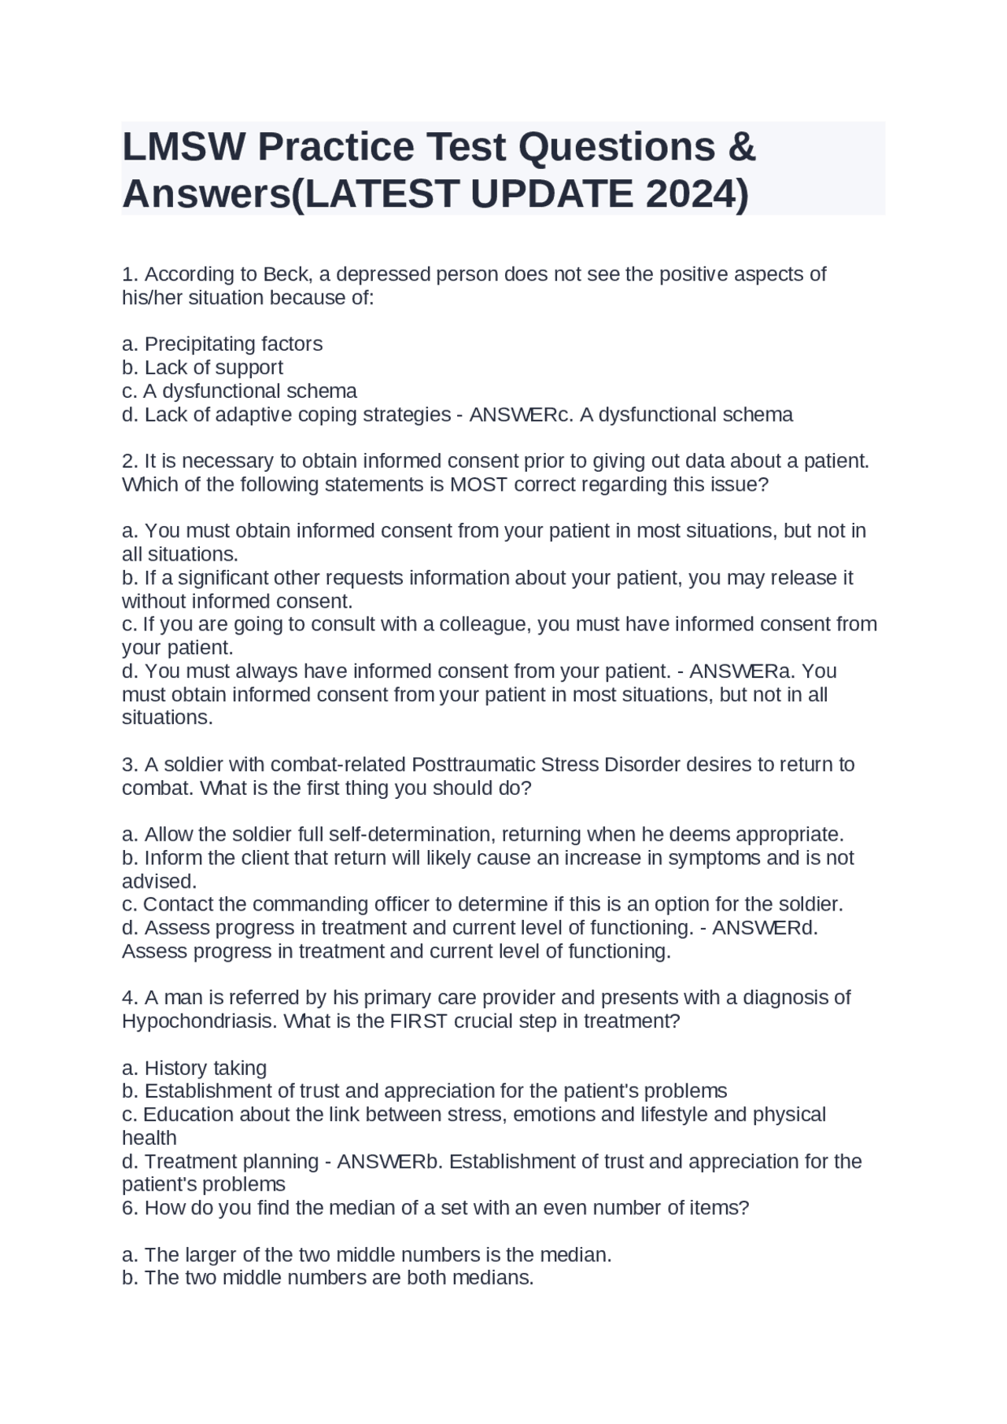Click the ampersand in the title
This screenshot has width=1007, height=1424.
coord(742,147)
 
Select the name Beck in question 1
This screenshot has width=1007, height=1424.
coord(286,274)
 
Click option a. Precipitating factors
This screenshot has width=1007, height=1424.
coord(222,344)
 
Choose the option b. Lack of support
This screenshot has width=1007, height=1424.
coord(202,367)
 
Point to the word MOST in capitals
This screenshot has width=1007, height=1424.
coord(478,484)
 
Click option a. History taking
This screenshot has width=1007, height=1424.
coord(194,1068)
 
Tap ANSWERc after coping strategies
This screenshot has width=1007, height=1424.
coord(521,414)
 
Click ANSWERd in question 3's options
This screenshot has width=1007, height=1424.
coord(765,928)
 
